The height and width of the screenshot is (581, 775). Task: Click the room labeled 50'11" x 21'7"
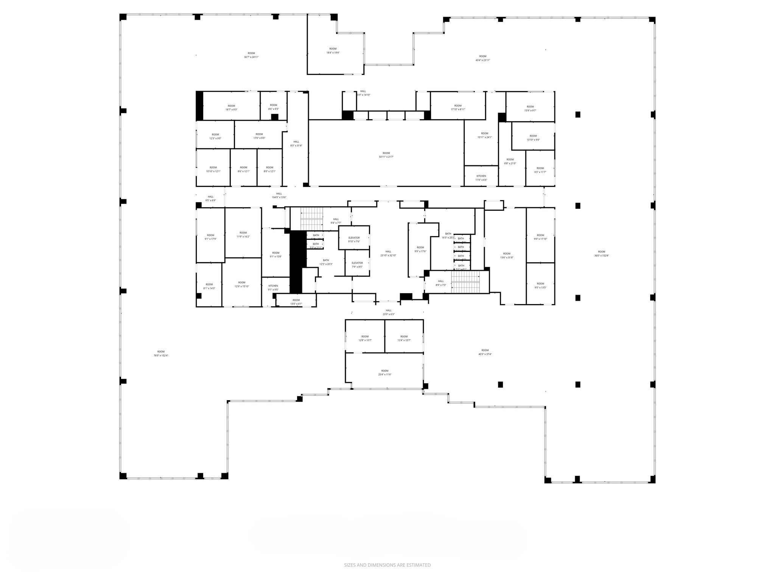(386, 155)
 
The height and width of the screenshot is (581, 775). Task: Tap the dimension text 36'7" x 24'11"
(251, 57)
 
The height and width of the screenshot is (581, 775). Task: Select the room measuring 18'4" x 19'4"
(333, 51)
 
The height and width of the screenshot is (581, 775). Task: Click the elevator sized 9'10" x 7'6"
(354, 239)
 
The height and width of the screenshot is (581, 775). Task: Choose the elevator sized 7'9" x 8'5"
(357, 265)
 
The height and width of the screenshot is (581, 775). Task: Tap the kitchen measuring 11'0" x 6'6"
(481, 178)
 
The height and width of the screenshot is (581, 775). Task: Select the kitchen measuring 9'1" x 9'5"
(273, 288)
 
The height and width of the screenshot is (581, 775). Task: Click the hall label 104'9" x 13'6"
(279, 196)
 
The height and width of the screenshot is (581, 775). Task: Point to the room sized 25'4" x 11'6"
(385, 373)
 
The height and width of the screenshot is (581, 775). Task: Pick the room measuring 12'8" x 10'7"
(365, 338)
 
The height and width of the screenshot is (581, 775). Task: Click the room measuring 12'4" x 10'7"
(404, 338)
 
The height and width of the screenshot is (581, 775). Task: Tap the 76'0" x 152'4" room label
(161, 354)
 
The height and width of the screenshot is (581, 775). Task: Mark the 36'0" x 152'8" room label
(601, 254)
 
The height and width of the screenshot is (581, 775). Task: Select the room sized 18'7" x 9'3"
(231, 108)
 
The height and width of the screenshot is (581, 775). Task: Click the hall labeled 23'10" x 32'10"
(388, 253)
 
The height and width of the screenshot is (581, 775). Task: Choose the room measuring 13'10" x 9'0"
(533, 138)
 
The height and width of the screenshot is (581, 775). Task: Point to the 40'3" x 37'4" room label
(485, 352)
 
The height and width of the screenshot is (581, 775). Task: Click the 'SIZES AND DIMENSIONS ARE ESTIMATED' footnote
(387, 565)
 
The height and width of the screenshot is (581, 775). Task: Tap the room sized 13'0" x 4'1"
(296, 302)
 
